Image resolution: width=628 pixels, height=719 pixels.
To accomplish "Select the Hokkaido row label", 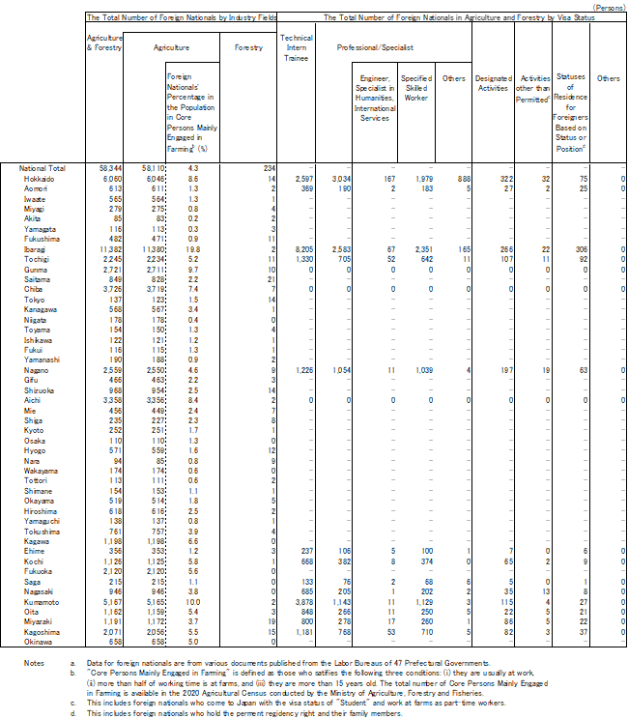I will (39, 179).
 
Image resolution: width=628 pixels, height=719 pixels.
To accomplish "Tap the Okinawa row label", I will (39, 641).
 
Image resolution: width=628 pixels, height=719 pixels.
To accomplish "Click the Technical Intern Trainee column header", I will (296, 45).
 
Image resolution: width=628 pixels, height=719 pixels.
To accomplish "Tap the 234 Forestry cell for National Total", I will (270, 168).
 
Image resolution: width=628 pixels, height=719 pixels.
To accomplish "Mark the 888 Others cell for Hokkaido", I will (461, 179).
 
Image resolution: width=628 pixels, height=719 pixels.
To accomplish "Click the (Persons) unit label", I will (608, 6).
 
